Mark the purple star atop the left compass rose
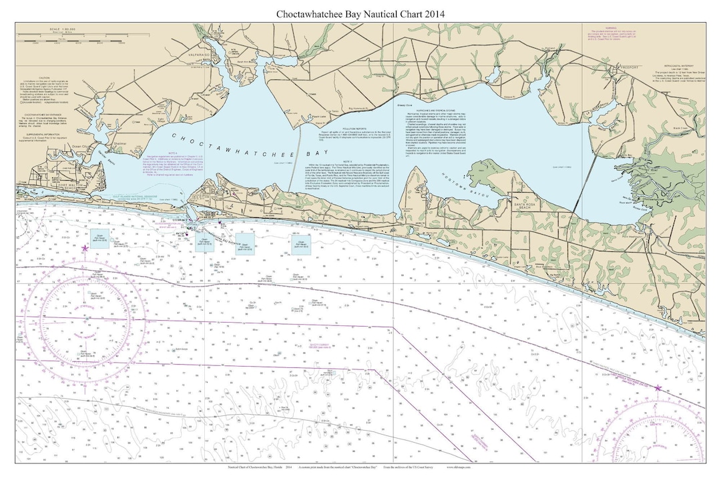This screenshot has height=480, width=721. click(84, 248)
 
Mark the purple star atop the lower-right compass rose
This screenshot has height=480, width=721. click(658, 387)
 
